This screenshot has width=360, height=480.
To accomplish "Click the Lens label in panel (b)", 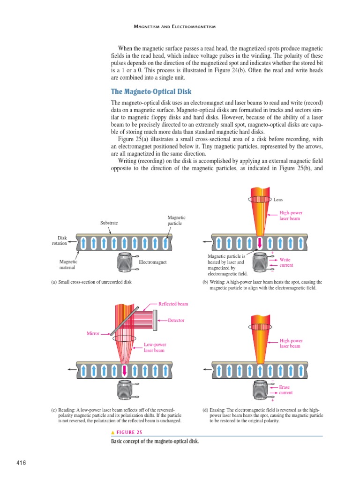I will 278,199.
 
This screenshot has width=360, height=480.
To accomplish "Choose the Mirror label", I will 93,333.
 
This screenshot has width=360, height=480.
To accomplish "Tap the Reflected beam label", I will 173,304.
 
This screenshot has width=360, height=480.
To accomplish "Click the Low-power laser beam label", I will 155,347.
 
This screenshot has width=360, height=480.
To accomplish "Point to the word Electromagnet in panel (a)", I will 153,262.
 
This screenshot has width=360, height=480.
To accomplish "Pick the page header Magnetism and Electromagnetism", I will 174,27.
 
